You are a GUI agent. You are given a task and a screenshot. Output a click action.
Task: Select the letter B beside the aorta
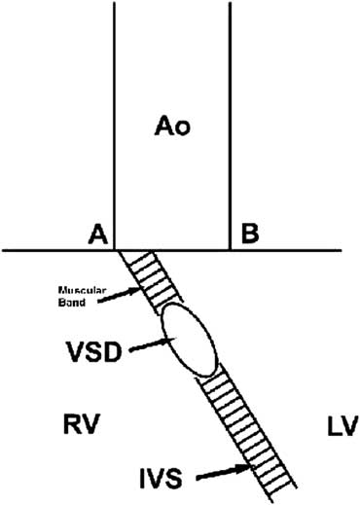[x=249, y=234]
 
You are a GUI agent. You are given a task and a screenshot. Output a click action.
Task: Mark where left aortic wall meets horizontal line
[x=115, y=251]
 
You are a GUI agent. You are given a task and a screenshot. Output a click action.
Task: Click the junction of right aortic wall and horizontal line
[x=230, y=251]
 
